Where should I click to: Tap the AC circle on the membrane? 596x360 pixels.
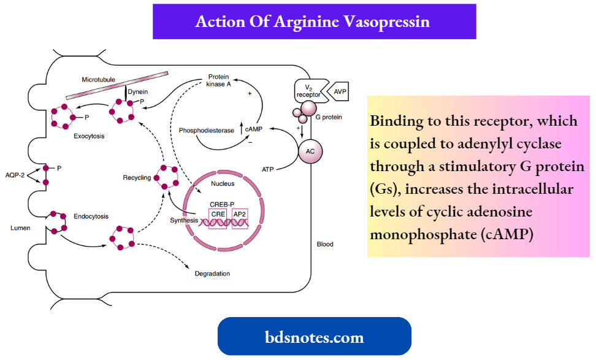(x=310, y=150)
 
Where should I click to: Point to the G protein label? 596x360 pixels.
(x=329, y=117)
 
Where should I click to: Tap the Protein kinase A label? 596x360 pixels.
(x=219, y=80)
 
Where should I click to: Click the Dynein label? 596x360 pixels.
(x=138, y=92)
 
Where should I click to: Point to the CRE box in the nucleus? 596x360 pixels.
(x=218, y=214)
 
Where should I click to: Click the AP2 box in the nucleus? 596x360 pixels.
(x=240, y=214)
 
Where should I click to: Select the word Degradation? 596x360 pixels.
(x=212, y=274)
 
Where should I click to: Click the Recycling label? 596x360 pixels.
(x=137, y=178)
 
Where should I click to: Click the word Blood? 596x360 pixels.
(x=325, y=244)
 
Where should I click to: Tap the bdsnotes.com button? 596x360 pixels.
(x=314, y=337)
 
